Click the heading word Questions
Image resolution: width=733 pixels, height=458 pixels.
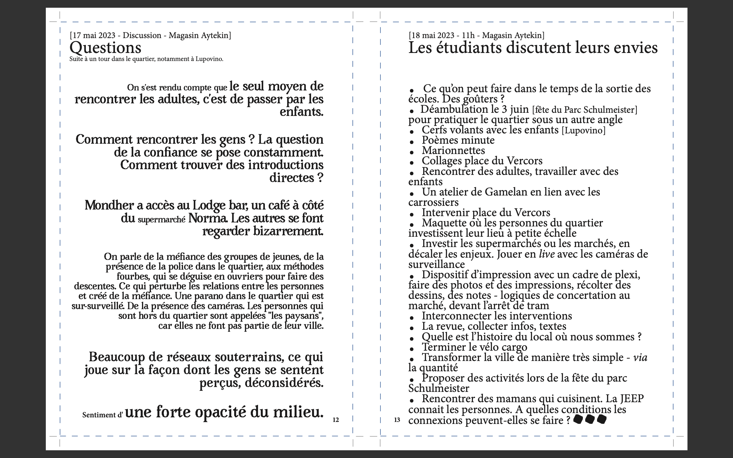(x=105, y=48)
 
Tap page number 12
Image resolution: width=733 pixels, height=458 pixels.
(x=336, y=420)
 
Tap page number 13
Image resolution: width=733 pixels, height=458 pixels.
(x=397, y=420)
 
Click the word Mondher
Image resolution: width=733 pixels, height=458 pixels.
(x=109, y=205)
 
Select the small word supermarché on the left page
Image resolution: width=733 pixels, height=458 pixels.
(x=161, y=220)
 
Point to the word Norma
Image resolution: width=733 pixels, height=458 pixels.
(x=208, y=218)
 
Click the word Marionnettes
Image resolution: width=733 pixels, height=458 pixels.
(x=453, y=151)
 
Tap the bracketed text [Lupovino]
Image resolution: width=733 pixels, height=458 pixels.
(x=583, y=131)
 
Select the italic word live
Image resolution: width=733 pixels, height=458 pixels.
(x=547, y=254)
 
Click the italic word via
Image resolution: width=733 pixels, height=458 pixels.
(x=640, y=358)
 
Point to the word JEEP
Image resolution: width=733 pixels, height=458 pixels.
(x=632, y=399)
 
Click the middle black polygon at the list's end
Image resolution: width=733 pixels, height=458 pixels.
(x=590, y=419)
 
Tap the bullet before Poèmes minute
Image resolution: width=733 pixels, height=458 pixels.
(x=412, y=142)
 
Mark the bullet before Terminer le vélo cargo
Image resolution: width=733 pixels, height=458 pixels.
(x=412, y=349)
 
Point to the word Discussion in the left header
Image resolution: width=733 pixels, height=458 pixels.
(x=142, y=35)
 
